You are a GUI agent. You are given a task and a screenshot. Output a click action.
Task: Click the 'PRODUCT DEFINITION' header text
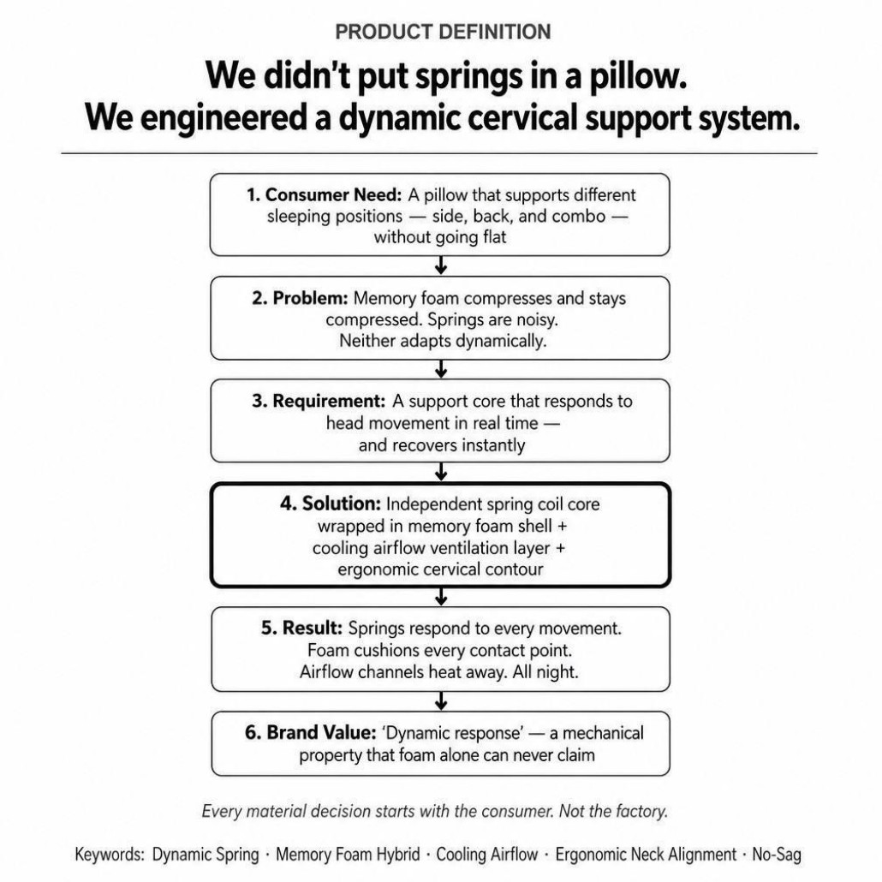(443, 32)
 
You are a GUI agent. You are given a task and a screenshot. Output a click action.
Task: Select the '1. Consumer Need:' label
(324, 194)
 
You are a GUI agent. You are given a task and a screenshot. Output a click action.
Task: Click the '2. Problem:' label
(300, 298)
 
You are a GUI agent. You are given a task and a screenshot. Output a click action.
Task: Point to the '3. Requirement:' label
(319, 401)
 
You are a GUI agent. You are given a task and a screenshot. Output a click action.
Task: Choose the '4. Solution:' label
(331, 504)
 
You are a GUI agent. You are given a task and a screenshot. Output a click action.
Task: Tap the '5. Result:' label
(301, 628)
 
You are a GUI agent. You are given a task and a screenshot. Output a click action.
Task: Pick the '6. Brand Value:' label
(311, 732)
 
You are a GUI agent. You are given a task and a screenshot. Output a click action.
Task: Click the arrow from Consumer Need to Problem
(441, 265)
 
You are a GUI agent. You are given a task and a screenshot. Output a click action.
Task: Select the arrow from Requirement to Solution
(441, 472)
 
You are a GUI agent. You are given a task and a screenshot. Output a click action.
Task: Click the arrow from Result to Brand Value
(441, 700)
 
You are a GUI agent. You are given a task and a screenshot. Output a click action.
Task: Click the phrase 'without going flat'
(440, 237)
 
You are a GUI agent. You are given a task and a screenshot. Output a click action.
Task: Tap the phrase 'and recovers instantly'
(442, 445)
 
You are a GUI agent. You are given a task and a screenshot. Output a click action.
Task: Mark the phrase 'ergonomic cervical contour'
(440, 569)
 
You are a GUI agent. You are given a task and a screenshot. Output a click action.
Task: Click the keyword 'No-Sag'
(777, 855)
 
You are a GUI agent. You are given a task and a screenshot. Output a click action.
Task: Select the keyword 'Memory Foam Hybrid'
(348, 855)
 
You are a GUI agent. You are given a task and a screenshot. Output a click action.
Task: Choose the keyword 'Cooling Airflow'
(487, 855)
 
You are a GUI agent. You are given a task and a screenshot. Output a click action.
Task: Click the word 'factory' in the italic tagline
(641, 811)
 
